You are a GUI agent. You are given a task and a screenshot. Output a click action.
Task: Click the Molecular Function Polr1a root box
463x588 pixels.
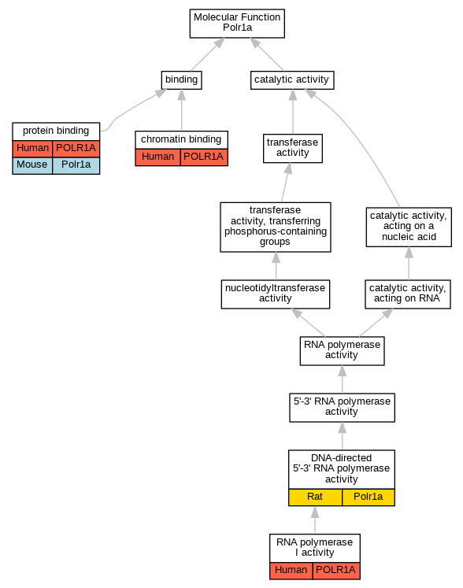[237, 24]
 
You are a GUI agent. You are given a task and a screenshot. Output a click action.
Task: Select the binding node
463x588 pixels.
[182, 80]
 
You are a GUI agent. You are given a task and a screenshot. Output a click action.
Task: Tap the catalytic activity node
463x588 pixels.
[292, 80]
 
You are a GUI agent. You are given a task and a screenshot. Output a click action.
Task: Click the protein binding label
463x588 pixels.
[56, 131]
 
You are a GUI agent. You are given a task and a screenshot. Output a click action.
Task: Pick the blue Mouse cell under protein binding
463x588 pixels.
[32, 165]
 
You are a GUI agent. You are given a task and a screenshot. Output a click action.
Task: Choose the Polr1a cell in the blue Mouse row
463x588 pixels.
[76, 165]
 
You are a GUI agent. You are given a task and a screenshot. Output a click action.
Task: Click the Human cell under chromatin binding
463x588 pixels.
[157, 157]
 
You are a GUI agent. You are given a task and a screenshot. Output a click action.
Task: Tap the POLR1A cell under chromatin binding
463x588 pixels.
[204, 157]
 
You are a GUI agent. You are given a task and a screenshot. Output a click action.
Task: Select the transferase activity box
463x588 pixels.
[293, 148]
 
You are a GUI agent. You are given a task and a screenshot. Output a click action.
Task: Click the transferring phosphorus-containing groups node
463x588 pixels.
[276, 227]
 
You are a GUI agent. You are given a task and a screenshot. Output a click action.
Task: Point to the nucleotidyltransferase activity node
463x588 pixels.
[276, 294]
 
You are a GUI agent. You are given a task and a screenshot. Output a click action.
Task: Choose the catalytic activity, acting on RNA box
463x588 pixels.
[408, 294]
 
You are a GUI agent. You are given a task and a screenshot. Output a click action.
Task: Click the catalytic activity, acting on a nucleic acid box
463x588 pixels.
[409, 227]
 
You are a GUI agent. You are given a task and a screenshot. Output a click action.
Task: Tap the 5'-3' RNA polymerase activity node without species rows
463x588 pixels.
[342, 407]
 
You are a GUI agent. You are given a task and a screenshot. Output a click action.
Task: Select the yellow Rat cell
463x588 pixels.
[315, 497]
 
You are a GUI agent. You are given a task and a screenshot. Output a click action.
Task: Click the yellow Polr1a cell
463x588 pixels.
[369, 497]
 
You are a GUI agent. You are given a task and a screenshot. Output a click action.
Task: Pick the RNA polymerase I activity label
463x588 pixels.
[315, 548]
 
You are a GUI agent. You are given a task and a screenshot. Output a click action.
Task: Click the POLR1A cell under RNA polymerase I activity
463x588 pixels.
[336, 571]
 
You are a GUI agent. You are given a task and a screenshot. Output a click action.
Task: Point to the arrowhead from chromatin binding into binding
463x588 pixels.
[182, 95]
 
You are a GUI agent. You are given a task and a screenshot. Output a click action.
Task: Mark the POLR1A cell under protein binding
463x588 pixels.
[76, 149]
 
